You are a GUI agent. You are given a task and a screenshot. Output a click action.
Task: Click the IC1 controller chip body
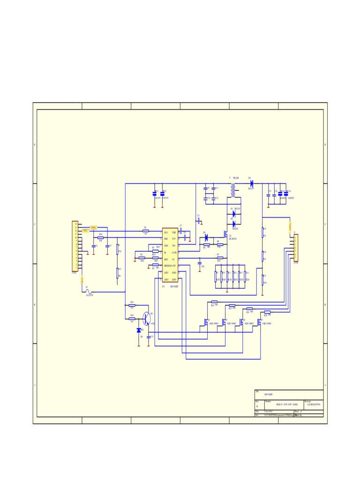[170, 255]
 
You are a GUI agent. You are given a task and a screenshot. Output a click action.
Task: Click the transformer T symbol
[233, 190]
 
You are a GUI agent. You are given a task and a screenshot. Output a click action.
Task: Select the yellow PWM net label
[93, 227]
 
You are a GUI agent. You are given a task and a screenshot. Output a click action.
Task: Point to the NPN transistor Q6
[147, 319]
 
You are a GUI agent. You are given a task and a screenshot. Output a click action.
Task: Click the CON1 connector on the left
[75, 247]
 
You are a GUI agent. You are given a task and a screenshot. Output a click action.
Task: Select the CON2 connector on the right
[295, 247]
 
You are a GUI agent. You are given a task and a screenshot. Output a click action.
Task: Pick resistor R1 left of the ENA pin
[145, 231]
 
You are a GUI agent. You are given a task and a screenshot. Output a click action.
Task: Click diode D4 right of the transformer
[252, 183]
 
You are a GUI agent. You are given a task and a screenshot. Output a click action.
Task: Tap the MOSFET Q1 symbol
[226, 234]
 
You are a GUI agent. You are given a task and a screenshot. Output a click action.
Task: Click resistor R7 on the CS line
[219, 258]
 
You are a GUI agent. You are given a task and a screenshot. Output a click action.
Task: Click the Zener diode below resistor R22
[139, 330]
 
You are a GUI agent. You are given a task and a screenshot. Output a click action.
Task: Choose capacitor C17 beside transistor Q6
[149, 336]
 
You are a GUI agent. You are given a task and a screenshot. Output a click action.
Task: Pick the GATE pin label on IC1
[174, 252]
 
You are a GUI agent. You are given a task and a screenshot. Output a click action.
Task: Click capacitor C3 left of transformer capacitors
[199, 220]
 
